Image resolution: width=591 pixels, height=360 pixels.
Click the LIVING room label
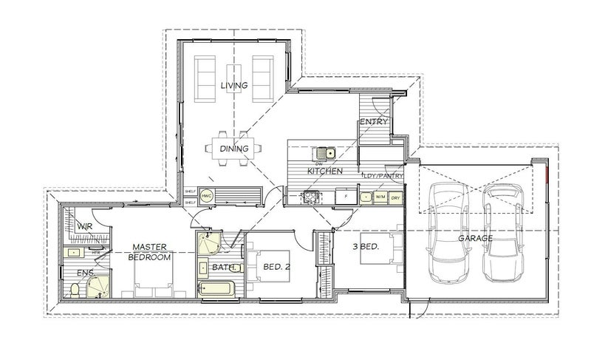[x=233, y=86]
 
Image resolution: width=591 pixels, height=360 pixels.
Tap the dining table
[x=233, y=149]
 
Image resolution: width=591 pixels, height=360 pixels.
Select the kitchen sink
[x=326, y=154]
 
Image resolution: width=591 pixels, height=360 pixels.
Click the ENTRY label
[x=374, y=121]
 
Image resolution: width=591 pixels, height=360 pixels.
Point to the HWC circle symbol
[x=207, y=196]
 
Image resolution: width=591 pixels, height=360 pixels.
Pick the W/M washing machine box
[x=380, y=197]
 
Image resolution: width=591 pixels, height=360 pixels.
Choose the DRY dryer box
[x=397, y=197]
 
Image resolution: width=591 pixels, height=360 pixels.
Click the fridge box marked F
[x=344, y=197]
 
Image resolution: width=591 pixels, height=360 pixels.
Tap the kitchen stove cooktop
[x=310, y=197]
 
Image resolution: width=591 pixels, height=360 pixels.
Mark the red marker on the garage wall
[x=545, y=175]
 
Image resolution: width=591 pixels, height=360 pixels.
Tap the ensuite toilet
[x=74, y=291]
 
